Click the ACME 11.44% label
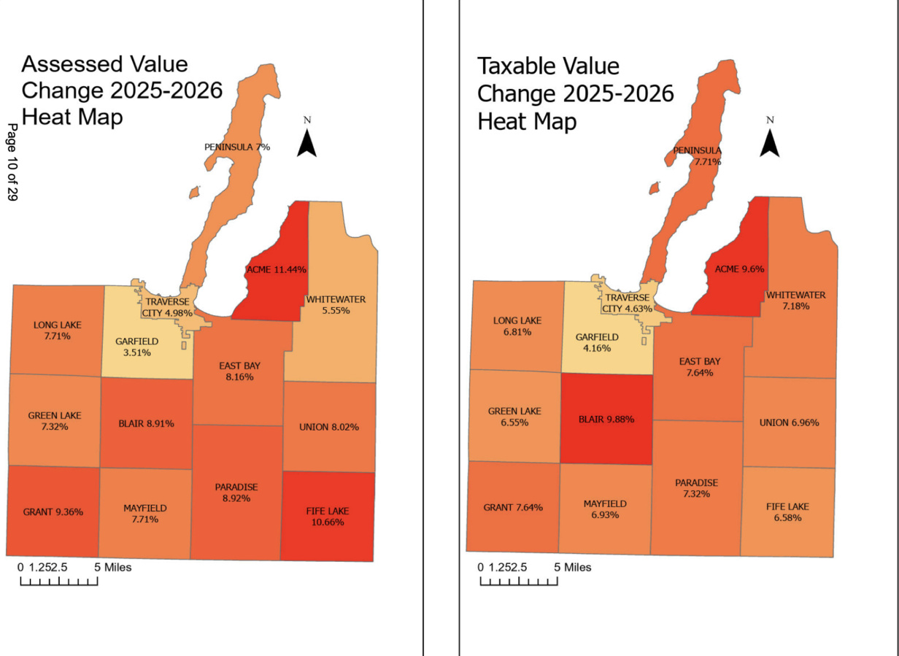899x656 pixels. click(276, 269)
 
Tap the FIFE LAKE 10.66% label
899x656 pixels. click(325, 516)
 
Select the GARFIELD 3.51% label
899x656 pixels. click(137, 347)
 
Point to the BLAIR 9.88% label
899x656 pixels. click(606, 420)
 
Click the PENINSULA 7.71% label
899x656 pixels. click(697, 156)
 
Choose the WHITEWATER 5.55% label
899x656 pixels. click(336, 305)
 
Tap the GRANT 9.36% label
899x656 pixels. click(53, 512)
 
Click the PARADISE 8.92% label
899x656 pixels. click(236, 493)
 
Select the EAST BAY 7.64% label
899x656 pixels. click(700, 367)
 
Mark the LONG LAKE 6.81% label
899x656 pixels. click(517, 326)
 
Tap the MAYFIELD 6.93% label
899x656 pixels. click(605, 509)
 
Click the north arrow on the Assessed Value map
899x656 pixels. click(306, 141)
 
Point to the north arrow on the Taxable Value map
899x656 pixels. click(770, 141)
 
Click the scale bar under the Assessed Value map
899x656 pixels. click(58, 581)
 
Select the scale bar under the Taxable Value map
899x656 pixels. click(519, 581)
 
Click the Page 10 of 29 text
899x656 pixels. click(12, 162)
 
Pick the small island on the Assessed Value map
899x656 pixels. click(194, 193)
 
